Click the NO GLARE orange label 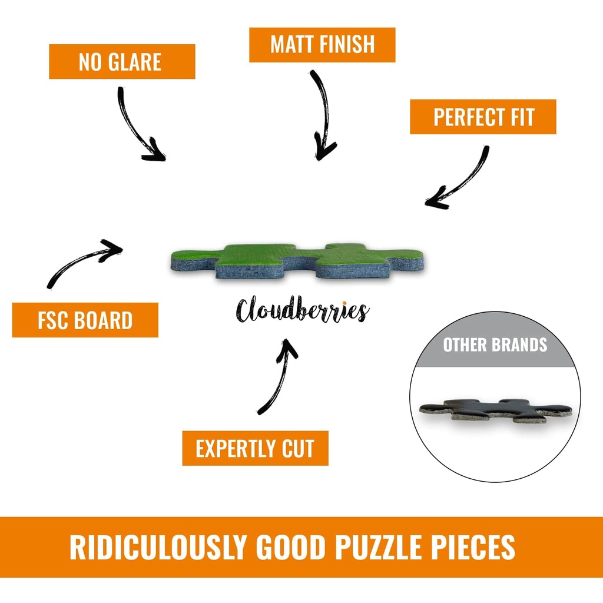pos(121,61)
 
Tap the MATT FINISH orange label pos(322,45)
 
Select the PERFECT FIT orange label pos(483,117)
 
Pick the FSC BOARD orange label pos(85,320)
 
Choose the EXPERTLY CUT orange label pos(255,448)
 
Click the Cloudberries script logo pos(302,310)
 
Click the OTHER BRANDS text pos(495,344)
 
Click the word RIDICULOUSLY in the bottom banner pos(158,547)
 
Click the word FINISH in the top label pos(347,45)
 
